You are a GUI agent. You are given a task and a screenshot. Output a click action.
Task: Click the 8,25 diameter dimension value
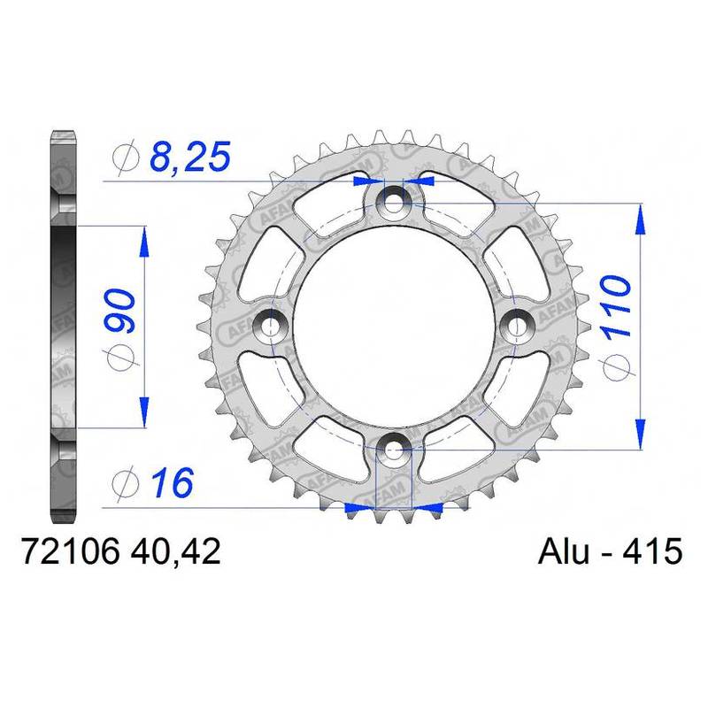[190, 157]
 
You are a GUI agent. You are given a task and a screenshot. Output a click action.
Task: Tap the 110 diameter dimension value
[615, 307]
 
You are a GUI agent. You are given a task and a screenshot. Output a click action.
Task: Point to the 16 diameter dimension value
[173, 482]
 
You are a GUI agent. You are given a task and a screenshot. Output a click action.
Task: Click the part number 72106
[70, 551]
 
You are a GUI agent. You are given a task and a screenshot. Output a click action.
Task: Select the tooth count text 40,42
[175, 551]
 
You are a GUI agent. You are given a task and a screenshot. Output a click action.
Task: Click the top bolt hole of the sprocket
[393, 200]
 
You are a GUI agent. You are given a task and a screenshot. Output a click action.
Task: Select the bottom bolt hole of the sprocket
[393, 450]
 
